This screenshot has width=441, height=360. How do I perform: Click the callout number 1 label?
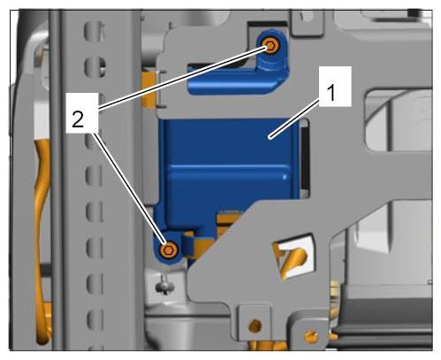click(331, 93)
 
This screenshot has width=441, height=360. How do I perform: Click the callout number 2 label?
click(78, 120)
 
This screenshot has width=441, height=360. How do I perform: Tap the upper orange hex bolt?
click(270, 46)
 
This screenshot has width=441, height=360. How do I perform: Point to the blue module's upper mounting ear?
click(272, 51)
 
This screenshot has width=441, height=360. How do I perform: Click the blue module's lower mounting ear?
click(168, 249)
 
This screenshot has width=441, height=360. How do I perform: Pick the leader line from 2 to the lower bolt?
click(130, 189)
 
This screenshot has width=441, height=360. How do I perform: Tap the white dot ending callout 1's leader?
click(270, 137)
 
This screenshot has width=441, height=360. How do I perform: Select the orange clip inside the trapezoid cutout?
click(290, 258)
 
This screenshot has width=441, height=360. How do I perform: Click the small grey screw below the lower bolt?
click(165, 286)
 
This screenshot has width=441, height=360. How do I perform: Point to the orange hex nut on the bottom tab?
click(255, 326)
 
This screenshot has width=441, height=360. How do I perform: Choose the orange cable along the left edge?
click(42, 236)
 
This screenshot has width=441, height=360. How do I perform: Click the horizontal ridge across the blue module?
click(227, 167)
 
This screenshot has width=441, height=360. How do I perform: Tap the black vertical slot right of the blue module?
click(305, 158)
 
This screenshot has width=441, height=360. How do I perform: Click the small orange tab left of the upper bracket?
click(148, 88)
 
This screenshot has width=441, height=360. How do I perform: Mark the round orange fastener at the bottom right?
click(312, 336)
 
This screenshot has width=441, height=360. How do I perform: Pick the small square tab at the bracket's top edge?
click(307, 23)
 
